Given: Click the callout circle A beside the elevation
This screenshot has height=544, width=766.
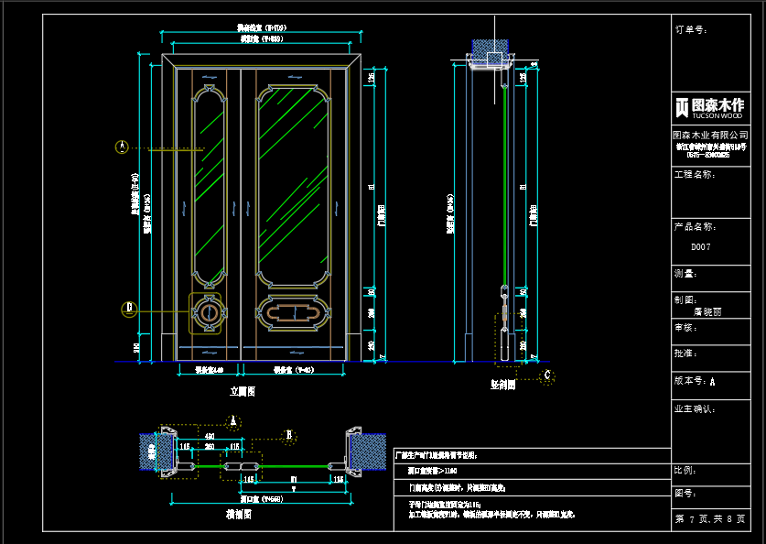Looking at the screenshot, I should (x=121, y=146).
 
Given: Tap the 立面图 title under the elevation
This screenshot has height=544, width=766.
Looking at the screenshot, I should (x=242, y=391).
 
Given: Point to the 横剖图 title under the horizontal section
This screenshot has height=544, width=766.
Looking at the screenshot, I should (x=239, y=515).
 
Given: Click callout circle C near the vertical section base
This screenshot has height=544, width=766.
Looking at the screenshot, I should (x=547, y=374).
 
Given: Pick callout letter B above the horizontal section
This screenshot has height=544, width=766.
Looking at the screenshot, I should (x=289, y=434).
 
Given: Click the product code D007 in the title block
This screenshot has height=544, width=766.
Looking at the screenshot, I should (x=700, y=247).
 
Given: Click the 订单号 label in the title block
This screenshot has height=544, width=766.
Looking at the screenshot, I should (x=691, y=29).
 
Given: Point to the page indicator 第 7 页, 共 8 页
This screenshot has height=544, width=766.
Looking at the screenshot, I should (x=709, y=519).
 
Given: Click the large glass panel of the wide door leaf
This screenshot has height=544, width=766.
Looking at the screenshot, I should (x=294, y=183).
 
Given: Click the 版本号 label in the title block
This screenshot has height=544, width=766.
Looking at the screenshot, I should (x=694, y=380).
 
